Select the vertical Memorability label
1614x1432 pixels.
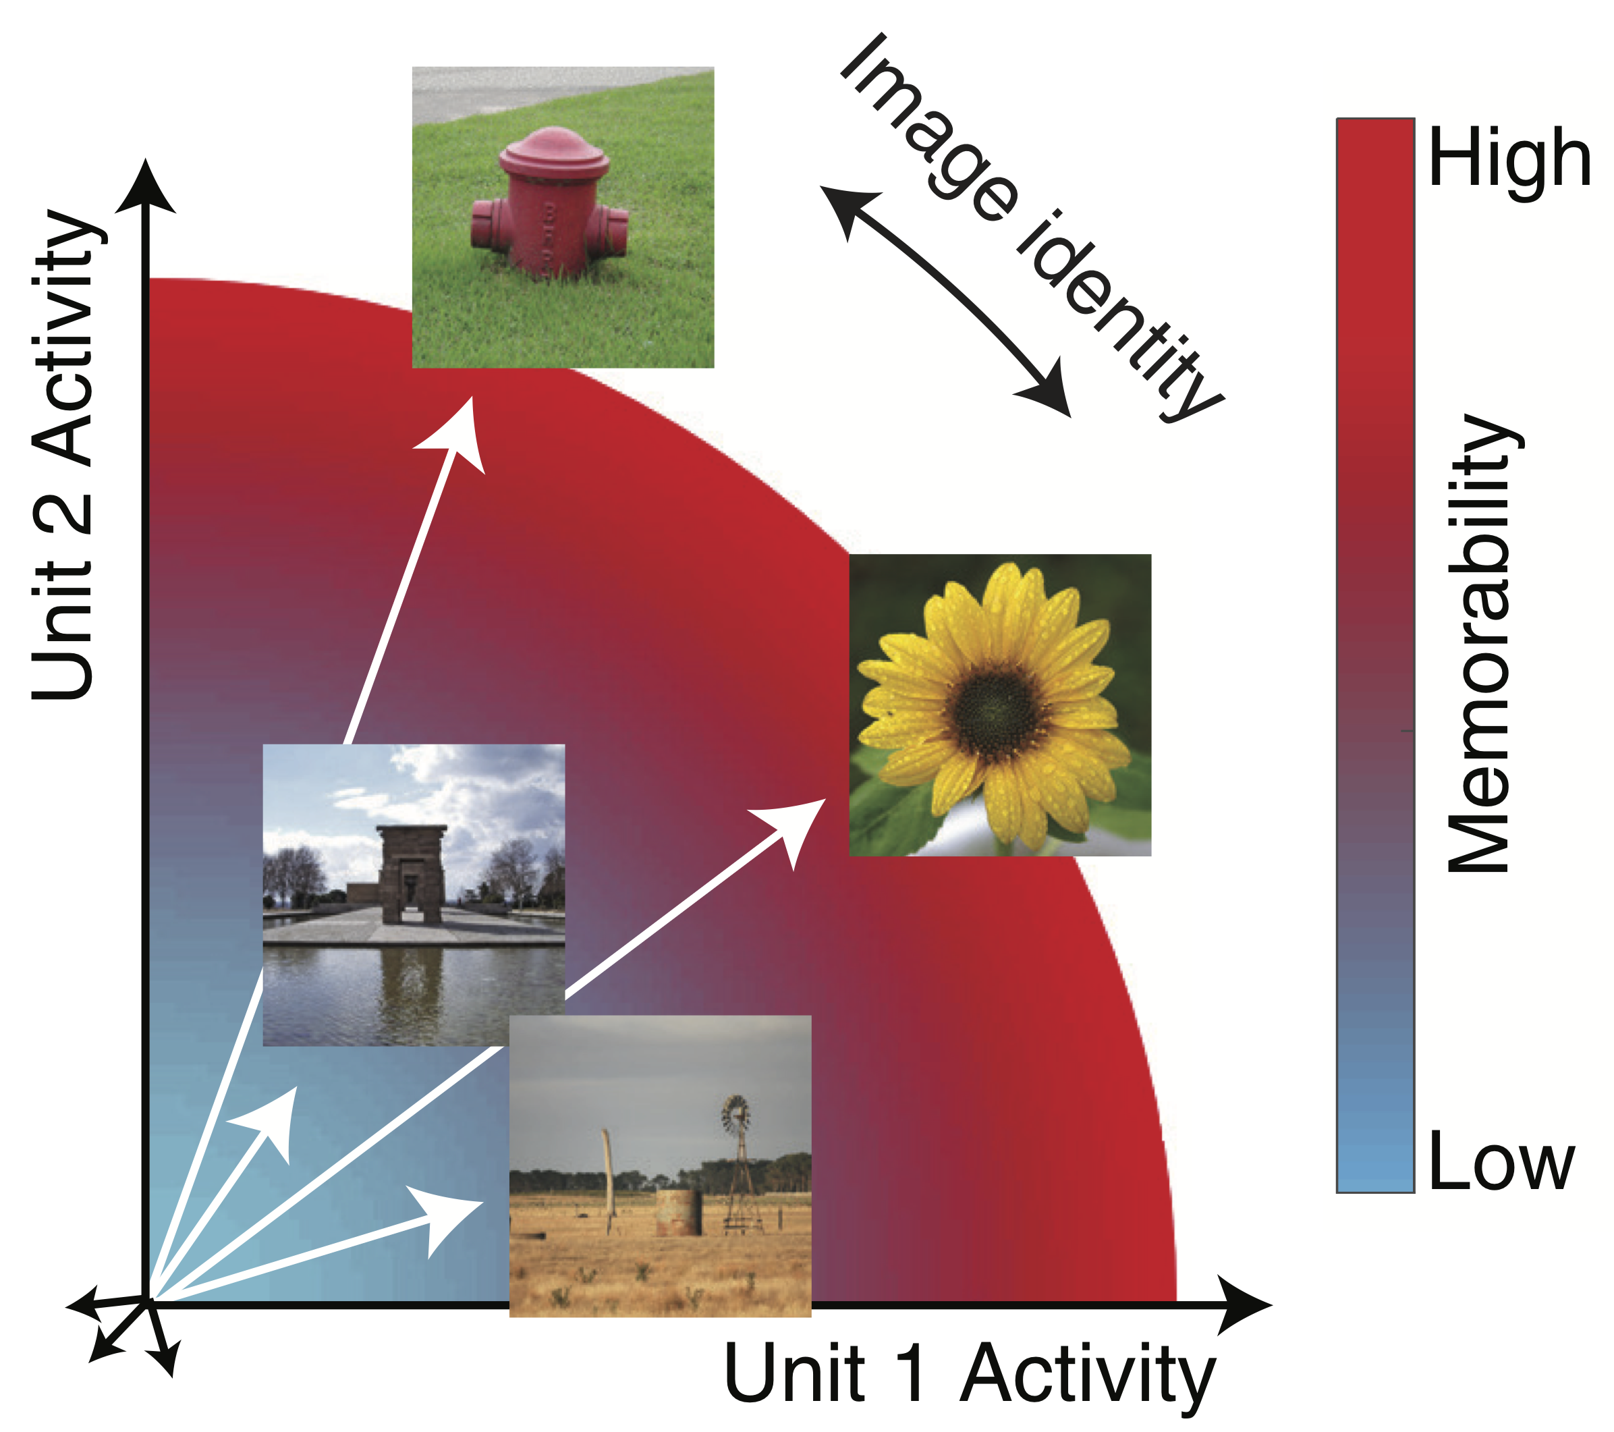pyautogui.click(x=1478, y=644)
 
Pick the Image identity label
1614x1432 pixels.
pyautogui.click(x=1030, y=229)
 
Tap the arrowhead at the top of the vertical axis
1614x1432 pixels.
pyautogui.click(x=145, y=186)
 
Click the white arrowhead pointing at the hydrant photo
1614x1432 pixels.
pyautogui.click(x=459, y=435)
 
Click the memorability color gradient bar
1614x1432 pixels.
pyautogui.click(x=1374, y=655)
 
